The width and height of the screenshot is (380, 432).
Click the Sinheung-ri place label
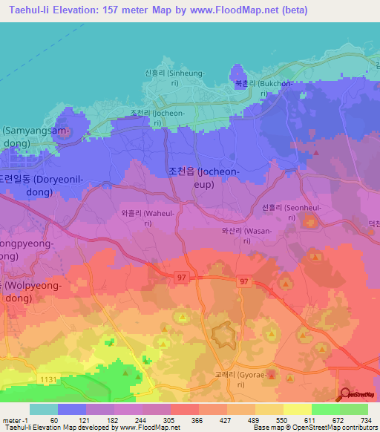click(x=172, y=77)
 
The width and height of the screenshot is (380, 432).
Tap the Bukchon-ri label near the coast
click(x=253, y=89)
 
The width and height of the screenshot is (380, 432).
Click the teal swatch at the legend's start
click(x=43, y=409)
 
